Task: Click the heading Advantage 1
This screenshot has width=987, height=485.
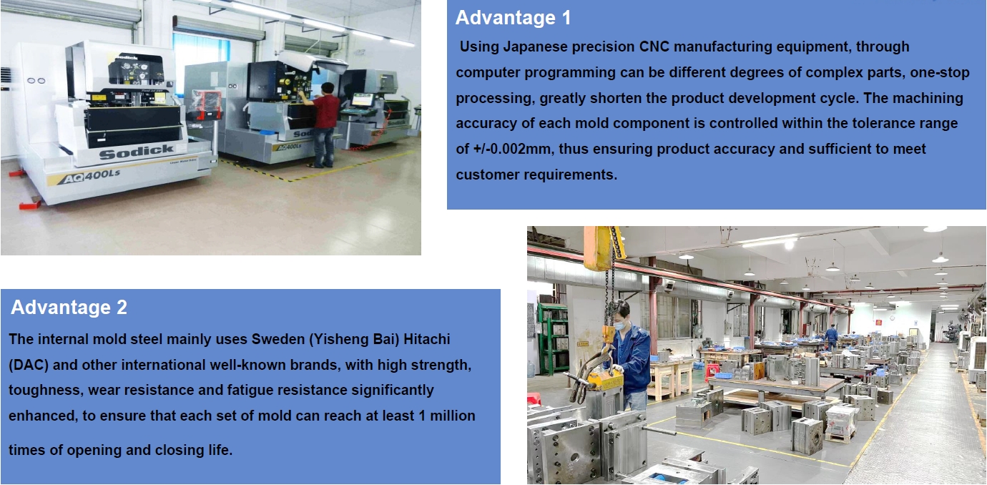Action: coord(513,18)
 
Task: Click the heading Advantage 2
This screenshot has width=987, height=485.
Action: coord(69,307)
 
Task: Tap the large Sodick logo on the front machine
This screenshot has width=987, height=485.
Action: coord(136,151)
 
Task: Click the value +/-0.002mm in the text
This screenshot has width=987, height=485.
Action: coord(512,149)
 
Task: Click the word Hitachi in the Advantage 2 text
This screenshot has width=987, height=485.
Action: coord(426,339)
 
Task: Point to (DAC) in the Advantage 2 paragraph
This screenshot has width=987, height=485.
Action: coord(29,366)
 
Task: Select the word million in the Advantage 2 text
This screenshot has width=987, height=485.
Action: coord(453,416)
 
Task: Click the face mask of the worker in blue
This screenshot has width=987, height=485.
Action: coord(621,325)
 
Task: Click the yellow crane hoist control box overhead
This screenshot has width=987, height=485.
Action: coord(599,248)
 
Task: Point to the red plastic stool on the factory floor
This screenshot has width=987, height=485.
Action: coord(711,372)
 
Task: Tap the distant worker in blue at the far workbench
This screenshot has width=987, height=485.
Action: coord(831,337)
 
